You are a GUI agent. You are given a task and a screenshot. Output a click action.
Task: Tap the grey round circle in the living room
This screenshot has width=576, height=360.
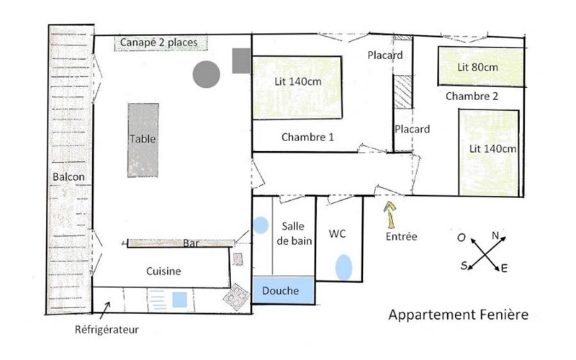pyautogui.click(x=206, y=73)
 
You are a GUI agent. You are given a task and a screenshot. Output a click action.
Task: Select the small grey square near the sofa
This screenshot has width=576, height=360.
pyautogui.click(x=240, y=60)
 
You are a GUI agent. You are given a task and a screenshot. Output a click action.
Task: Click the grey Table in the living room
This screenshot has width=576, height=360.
pyautogui.click(x=143, y=140)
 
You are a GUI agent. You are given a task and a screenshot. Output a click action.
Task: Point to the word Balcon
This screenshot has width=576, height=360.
pyautogui.click(x=69, y=177)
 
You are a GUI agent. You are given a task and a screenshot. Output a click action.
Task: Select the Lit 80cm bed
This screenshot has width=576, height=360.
pyautogui.click(x=478, y=67)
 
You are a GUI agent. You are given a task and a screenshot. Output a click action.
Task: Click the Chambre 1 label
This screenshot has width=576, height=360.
pyautogui.click(x=307, y=137)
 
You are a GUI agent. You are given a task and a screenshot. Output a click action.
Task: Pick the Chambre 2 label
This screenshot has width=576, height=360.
pyautogui.click(x=472, y=96)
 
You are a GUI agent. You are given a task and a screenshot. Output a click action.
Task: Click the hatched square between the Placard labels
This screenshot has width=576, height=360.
pyautogui.click(x=401, y=91)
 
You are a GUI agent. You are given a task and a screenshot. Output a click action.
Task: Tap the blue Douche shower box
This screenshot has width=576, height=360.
pyautogui.click(x=284, y=291)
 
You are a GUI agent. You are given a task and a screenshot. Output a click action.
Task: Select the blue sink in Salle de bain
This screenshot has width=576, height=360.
pyautogui.click(x=260, y=225)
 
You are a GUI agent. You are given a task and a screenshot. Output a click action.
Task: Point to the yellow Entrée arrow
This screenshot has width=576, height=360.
pyautogui.click(x=391, y=214)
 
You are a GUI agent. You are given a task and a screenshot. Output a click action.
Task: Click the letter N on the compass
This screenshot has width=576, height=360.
pyautogui.click(x=495, y=235)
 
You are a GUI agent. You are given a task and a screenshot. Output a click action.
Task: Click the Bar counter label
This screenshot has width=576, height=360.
pyautogui.click(x=190, y=243)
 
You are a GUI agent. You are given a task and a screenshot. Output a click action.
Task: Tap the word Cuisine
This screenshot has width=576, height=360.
pyautogui.click(x=163, y=271)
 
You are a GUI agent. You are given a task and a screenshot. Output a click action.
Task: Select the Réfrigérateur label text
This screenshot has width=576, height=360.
pyautogui.click(x=107, y=330)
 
